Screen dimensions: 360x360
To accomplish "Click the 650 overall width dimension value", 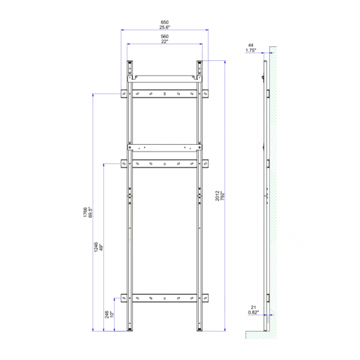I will coord(165,22).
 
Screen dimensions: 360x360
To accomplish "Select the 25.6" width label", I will coord(165,28).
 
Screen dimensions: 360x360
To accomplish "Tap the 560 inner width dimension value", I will coord(165,37).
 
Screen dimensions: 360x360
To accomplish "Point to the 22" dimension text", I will coord(165,43).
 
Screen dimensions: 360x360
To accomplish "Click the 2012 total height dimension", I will coord(217,197).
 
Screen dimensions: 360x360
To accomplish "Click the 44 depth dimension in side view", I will coord(251,45).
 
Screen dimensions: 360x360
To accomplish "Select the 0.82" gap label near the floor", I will coord(253,312).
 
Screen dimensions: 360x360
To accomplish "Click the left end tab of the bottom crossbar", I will coord(123,298).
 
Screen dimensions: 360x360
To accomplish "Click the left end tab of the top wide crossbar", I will coord(123,93).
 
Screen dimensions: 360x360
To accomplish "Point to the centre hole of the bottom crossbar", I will coord(165,298).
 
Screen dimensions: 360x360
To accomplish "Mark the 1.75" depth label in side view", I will coord(251,51).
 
